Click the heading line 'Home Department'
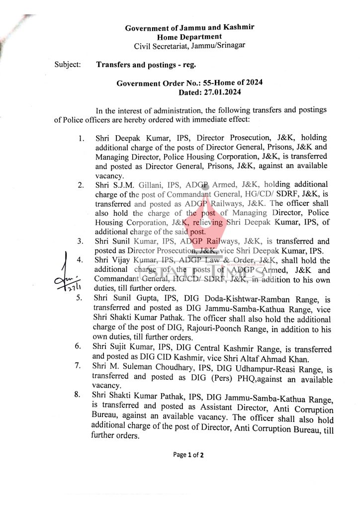point(189,37)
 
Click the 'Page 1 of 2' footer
point(188,455)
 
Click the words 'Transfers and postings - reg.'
point(146,65)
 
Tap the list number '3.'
point(80,242)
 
